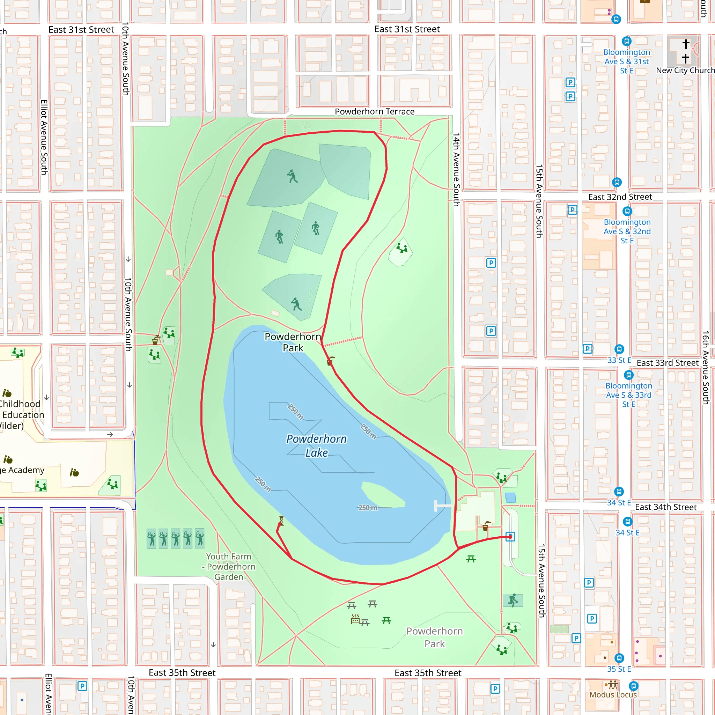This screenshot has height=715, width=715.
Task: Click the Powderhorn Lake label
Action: pos(316,445)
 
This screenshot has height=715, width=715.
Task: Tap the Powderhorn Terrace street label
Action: pos(375,111)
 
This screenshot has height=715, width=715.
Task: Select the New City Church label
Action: pos(685,70)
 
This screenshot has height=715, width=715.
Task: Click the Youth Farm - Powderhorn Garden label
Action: pos(229,567)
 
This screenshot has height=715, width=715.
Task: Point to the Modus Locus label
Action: pos(613,695)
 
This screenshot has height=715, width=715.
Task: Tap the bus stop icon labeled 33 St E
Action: pos(619,349)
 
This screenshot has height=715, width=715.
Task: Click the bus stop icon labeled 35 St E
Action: pos(619,658)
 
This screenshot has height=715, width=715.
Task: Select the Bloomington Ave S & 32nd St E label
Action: pos(627,231)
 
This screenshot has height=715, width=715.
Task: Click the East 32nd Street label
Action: pos(620,197)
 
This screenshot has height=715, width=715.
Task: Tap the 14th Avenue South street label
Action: pos(456,169)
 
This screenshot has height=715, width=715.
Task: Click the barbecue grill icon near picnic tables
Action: pos(355,619)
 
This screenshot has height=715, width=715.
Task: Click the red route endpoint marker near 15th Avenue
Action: pos(510,537)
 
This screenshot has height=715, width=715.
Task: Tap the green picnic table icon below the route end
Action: pos(471,559)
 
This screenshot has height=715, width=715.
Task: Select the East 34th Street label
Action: pos(665,507)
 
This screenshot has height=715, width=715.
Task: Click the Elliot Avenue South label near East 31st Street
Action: pos(44,137)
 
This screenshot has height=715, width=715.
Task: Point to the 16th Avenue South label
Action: pos(705,368)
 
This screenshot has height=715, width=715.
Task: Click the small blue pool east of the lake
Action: pos(510,497)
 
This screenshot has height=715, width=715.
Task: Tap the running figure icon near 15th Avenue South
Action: pos(513,600)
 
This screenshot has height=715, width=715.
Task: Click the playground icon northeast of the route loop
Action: pos(401,248)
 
